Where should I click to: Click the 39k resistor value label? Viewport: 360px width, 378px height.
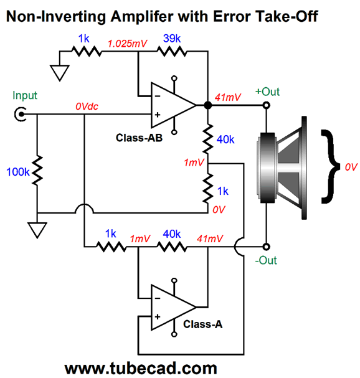(172, 39)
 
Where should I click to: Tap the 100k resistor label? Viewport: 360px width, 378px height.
(18, 172)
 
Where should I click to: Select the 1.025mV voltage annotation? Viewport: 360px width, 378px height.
(127, 44)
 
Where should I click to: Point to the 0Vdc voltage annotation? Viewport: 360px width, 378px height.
(87, 106)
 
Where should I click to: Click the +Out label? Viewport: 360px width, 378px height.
(267, 92)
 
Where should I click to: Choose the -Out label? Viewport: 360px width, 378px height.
(266, 260)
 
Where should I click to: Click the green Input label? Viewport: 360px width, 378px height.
(25, 95)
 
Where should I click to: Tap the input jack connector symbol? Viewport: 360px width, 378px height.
(21, 114)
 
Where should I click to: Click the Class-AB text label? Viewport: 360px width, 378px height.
(139, 138)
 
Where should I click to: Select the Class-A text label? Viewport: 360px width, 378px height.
(203, 324)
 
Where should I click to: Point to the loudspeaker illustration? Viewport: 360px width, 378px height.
(282, 168)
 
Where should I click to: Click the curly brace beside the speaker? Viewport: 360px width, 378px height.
(330, 166)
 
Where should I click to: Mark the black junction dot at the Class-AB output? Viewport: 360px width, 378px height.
(208, 105)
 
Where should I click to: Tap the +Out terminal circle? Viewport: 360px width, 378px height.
(266, 105)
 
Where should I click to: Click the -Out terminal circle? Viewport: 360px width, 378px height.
(266, 247)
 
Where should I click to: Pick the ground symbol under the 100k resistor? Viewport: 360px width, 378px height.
(37, 230)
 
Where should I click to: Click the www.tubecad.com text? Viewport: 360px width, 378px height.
(141, 369)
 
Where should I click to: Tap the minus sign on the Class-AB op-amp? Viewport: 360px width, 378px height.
(158, 96)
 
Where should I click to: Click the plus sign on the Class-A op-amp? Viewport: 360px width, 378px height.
(158, 316)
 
